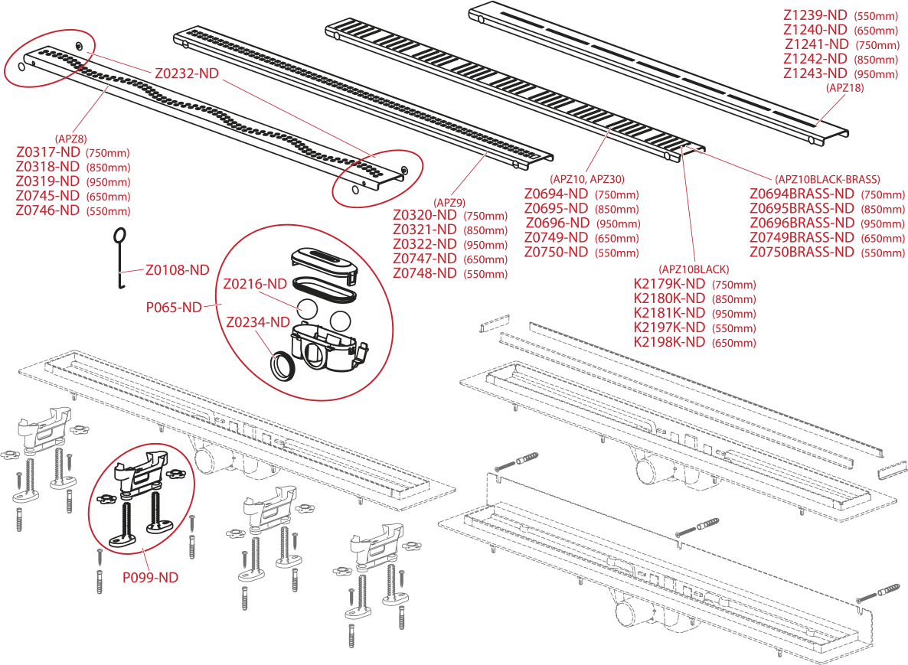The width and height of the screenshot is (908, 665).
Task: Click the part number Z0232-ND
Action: tap(187, 73)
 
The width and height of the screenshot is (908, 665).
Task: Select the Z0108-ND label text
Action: tap(177, 269)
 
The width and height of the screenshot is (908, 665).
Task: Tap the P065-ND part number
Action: tap(174, 307)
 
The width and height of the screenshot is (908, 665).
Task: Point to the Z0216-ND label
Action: tap(255, 284)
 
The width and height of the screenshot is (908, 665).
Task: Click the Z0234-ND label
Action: tap(258, 322)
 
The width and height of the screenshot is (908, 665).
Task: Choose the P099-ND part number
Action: tap(150, 577)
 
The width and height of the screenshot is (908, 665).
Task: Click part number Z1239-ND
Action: tap(815, 15)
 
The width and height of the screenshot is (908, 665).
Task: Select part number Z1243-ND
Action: tap(815, 73)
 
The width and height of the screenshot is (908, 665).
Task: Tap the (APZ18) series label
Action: tap(844, 88)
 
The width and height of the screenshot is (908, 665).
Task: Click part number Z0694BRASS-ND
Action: tap(802, 194)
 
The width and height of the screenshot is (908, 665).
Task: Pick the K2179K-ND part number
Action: tap(669, 284)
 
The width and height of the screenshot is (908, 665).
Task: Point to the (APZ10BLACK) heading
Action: tap(694, 269)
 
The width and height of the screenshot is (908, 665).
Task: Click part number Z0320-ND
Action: tap(425, 215)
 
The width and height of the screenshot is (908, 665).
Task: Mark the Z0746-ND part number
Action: tap(47, 210)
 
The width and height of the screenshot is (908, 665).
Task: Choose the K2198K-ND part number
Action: tap(669, 342)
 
